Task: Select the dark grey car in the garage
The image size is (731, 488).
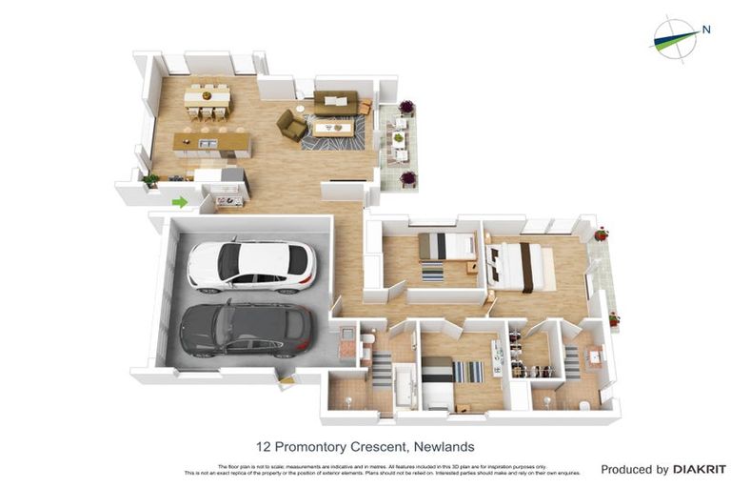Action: (x=245, y=328)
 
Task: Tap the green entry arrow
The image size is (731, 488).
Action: (x=179, y=201)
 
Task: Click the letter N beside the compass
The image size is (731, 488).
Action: (x=706, y=30)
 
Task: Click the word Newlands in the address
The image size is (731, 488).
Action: (x=444, y=446)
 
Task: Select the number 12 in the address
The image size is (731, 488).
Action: (x=264, y=446)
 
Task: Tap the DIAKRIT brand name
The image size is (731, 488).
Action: (x=700, y=469)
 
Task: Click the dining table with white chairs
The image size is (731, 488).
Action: (x=207, y=97)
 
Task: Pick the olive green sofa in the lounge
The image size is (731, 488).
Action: (x=336, y=101)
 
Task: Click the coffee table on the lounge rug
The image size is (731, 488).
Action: (x=333, y=127)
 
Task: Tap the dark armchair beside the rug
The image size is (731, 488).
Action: (x=292, y=125)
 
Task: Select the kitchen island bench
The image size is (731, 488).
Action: (x=212, y=144)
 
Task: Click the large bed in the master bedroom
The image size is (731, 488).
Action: (x=522, y=266)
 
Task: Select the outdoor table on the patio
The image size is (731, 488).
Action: (x=399, y=139)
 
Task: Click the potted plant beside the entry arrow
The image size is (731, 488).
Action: (x=150, y=178)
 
